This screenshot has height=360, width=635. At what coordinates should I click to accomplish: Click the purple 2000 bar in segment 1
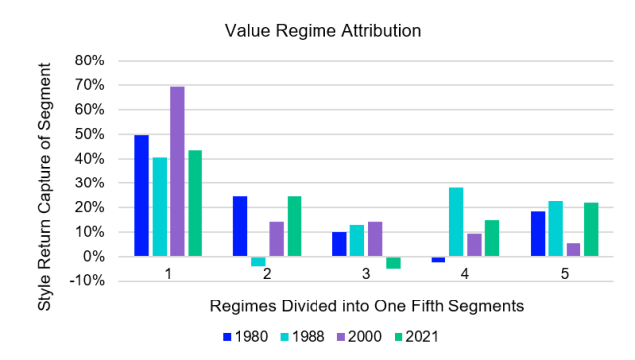(x=177, y=172)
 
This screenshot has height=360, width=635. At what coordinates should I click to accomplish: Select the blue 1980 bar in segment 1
(x=142, y=195)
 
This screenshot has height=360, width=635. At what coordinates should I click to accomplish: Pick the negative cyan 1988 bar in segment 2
(x=258, y=261)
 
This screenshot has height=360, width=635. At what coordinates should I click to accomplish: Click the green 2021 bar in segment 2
(x=294, y=226)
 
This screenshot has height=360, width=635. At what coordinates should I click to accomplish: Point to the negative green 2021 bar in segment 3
(x=393, y=262)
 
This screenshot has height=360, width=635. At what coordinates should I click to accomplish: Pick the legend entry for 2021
(x=418, y=336)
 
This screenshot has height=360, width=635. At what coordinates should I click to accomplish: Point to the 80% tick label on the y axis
(x=90, y=60)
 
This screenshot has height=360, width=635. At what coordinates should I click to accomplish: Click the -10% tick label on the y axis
(x=88, y=281)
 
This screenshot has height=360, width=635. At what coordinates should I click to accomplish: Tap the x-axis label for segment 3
(x=367, y=270)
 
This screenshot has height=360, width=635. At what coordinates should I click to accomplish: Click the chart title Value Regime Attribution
(x=322, y=30)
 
